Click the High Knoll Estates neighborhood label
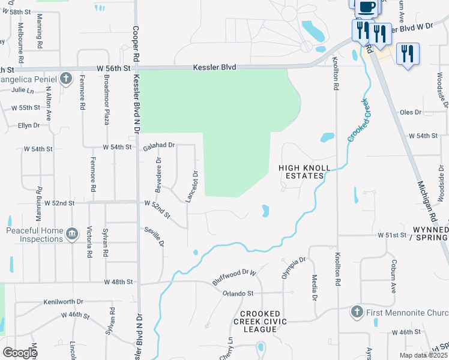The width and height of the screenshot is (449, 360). tap(301, 172)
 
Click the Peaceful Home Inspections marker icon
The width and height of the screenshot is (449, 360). tap(71, 233)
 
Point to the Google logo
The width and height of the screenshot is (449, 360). tap(20, 353)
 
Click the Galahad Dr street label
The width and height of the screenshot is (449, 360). tap(158, 145)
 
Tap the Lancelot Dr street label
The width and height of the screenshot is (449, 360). tap(195, 186)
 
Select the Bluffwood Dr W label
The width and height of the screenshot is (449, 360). tap(234, 277)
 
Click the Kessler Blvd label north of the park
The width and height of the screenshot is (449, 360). tap(214, 68)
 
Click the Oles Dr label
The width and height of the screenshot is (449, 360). tap(411, 112)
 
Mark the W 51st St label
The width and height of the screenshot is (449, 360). tap(392, 235)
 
